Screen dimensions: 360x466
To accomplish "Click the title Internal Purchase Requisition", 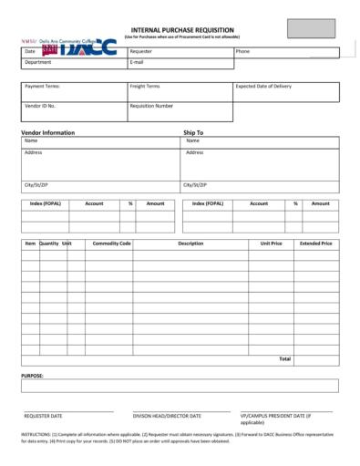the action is [181, 30].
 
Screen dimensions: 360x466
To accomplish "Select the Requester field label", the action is [141, 52].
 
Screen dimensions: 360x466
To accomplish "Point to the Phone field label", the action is [242, 52].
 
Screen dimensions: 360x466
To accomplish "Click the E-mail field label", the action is [138, 63].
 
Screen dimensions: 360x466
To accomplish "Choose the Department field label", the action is [37, 63].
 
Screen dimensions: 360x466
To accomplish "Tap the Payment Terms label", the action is [43, 87].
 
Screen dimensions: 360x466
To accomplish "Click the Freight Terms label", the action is [147, 87].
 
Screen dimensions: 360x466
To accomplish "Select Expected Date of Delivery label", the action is [264, 87].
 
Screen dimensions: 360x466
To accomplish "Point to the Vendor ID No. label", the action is [40, 106].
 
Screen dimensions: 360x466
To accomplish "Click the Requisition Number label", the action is [151, 106].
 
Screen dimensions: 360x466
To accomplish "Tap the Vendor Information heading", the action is [47, 132].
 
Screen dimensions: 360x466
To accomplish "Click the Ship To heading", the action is [193, 132].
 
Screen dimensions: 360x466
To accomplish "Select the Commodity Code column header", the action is [111, 243].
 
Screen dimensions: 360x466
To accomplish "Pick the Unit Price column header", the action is [271, 243].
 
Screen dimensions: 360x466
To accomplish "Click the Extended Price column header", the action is [315, 243].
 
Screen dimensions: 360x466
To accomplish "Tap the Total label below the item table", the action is [284, 358].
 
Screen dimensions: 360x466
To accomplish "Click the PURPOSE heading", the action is [32, 375].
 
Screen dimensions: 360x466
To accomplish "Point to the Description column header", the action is [190, 243].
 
